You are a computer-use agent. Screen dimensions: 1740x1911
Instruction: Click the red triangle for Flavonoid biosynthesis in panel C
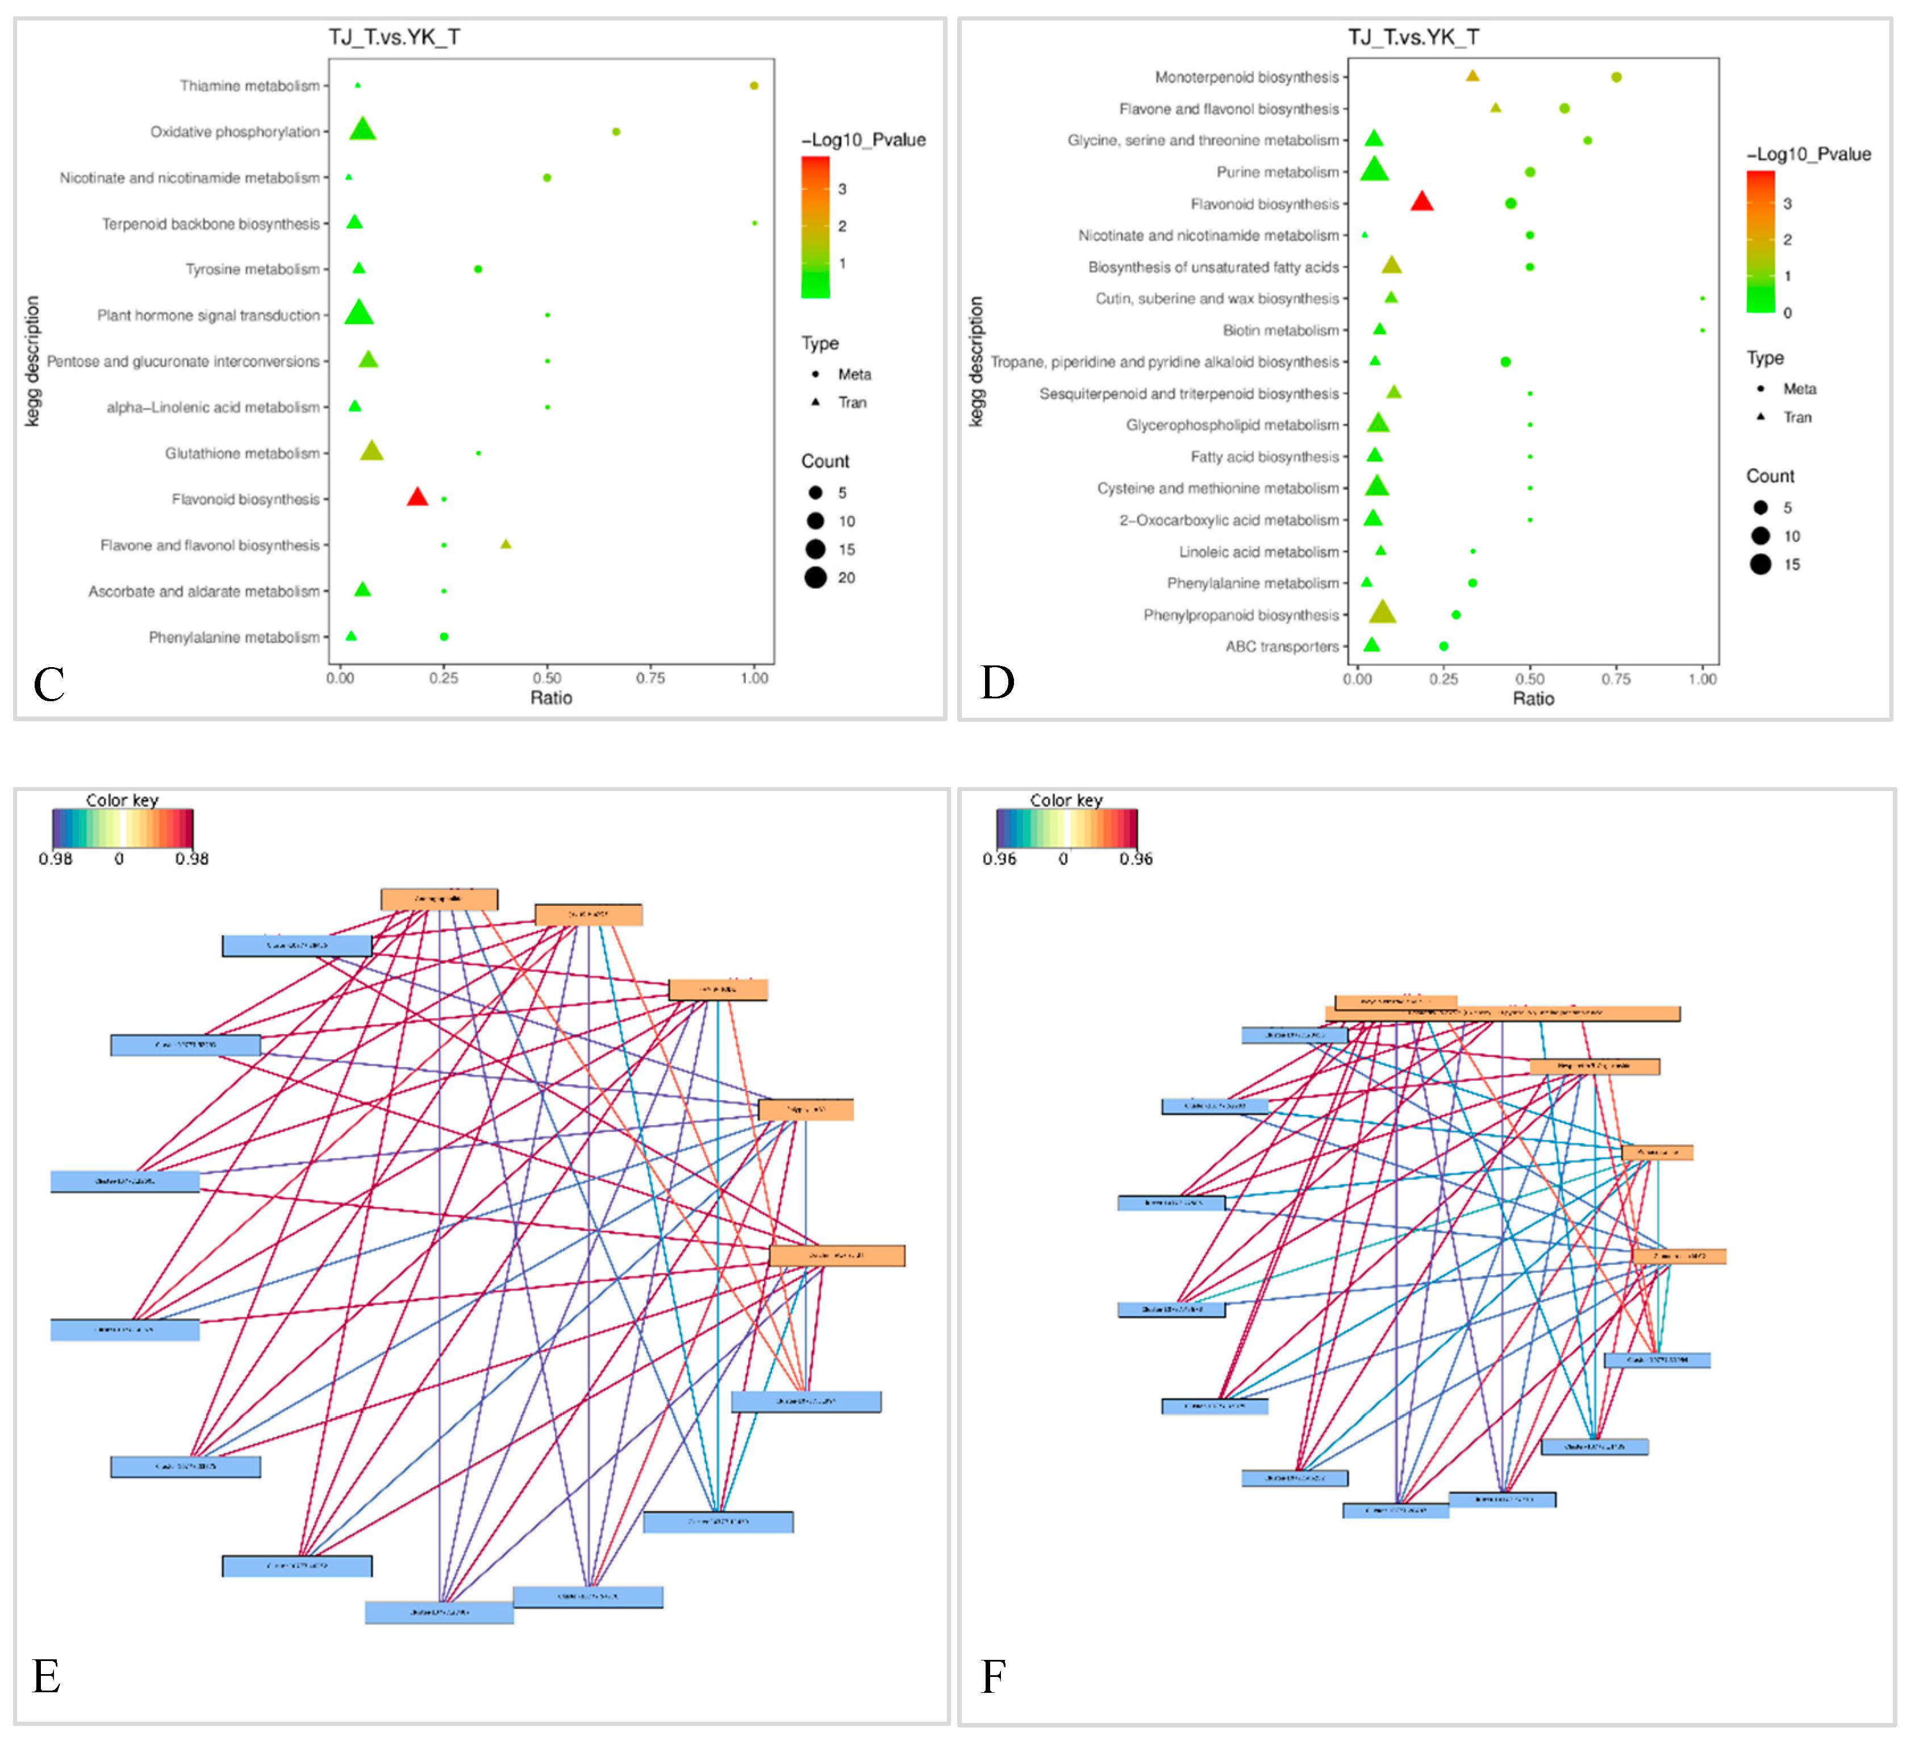pos(417,497)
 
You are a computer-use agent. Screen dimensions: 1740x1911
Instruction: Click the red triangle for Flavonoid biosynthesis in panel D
pos(1421,201)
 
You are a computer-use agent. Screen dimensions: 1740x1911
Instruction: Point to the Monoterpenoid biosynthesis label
pos(1246,77)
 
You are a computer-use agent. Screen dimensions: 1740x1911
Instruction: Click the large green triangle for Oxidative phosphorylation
pos(362,129)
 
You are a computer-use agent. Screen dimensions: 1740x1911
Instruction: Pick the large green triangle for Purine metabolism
pos(1374,170)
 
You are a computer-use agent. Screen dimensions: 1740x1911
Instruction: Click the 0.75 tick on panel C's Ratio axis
pos(650,678)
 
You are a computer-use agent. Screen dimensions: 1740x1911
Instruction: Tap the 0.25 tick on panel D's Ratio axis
pos(1443,679)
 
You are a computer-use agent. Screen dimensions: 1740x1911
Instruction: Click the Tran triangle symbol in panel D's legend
pos(1760,417)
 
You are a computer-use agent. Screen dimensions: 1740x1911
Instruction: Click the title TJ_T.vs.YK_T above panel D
pos(1413,37)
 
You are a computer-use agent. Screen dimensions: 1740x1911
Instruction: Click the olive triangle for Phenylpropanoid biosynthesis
pos(1383,613)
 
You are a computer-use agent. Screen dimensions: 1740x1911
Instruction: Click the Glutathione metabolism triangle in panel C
pos(372,451)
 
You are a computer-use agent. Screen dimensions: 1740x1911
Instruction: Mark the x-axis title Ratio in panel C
pos(550,698)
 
